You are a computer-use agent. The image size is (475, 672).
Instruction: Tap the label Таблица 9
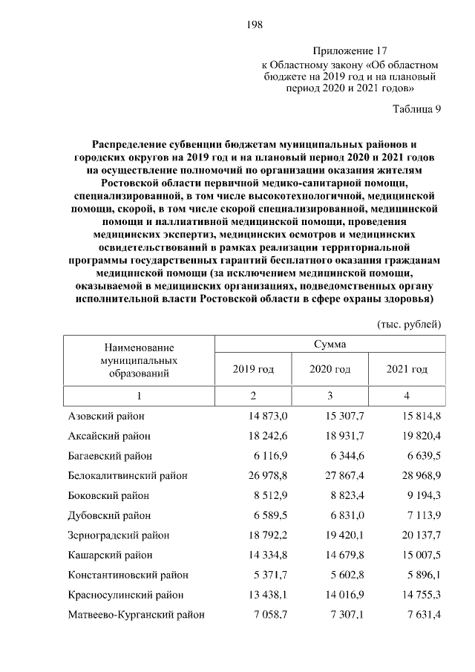pos(416,109)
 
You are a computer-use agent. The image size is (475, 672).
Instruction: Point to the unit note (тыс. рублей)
pos(410,324)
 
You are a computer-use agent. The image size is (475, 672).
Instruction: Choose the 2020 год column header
pos(331,369)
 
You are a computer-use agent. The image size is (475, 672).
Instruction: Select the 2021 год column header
pos(407,369)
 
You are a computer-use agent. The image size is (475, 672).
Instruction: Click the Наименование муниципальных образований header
pos(138,360)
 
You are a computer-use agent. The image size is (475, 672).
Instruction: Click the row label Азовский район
pos(106,417)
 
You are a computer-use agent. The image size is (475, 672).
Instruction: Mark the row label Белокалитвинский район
pos(127,475)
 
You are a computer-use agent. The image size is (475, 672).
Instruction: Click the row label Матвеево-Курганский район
pos(136,615)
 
